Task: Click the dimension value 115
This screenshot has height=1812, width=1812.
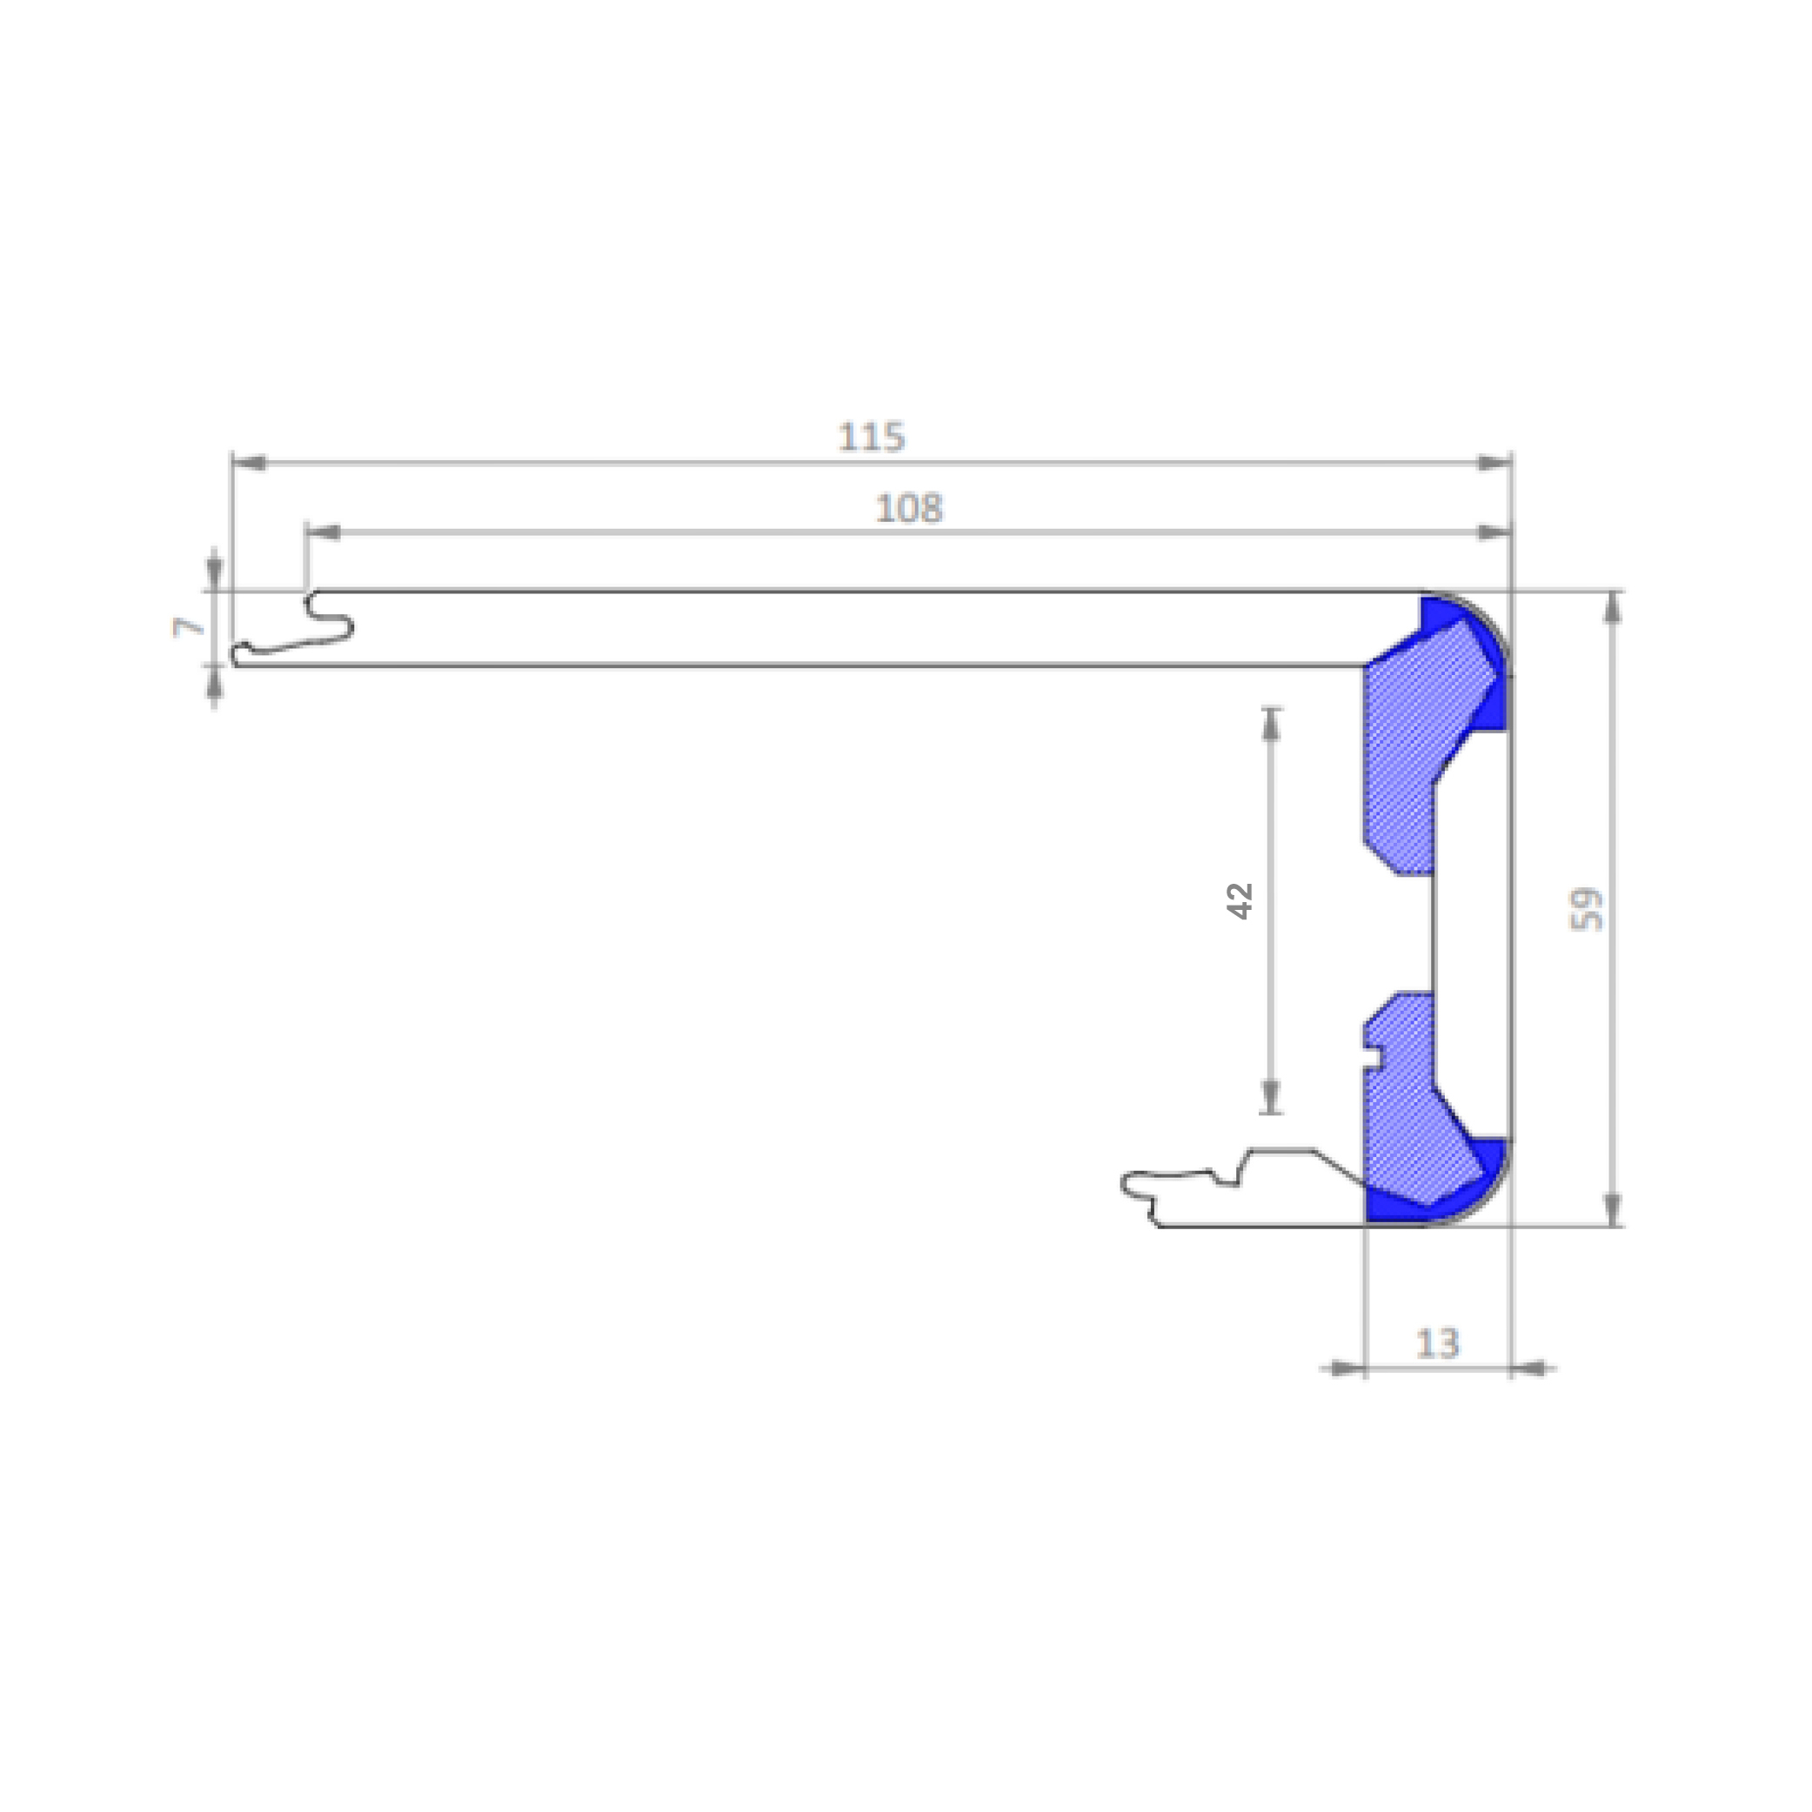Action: point(872,437)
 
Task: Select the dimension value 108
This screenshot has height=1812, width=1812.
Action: point(909,508)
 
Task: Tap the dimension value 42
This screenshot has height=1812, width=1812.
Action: point(1240,900)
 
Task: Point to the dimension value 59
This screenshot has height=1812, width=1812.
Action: point(1586,909)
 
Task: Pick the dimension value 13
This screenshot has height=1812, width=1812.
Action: point(1438,1344)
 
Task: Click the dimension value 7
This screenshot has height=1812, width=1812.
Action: point(189,626)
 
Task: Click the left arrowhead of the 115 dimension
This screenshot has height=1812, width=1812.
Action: point(250,463)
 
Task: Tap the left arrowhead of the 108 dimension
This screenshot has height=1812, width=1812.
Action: point(323,532)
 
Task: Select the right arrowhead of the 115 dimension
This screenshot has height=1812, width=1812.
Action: point(1494,463)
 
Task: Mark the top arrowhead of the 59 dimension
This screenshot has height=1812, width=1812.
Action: point(1613,608)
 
